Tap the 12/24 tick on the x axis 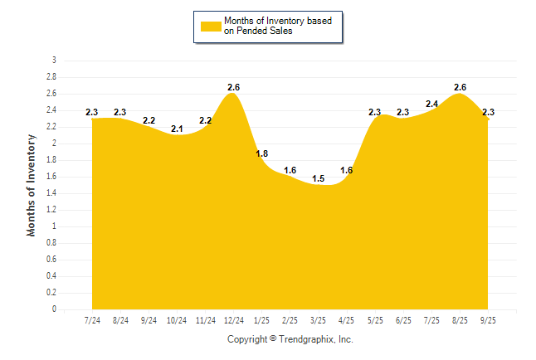(233, 320)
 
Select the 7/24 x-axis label (92, 320)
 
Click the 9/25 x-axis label (489, 320)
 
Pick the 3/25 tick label (319, 320)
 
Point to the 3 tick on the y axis (54, 61)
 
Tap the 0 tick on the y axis (54, 309)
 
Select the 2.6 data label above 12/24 (233, 87)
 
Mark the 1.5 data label (319, 178)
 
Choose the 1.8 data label (261, 153)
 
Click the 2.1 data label (177, 129)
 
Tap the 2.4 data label (432, 104)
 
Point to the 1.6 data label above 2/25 (290, 170)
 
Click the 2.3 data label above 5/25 (375, 112)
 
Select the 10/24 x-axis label (177, 320)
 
